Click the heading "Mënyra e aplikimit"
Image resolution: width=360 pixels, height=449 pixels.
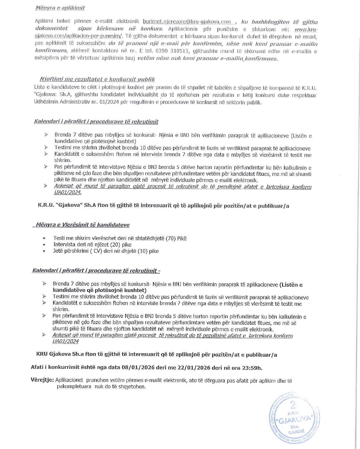point(60,8)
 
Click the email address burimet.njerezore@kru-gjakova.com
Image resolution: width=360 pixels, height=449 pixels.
point(187,21)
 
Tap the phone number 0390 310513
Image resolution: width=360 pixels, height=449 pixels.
point(174,51)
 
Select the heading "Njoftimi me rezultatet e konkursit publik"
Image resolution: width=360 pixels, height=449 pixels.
point(97,79)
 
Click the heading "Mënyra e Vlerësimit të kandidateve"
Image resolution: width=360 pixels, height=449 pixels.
point(82,225)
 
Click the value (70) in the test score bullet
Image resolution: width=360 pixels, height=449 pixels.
point(171,238)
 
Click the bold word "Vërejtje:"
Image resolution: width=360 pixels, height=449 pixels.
point(42,380)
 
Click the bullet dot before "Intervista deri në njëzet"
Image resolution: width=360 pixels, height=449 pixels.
point(44,245)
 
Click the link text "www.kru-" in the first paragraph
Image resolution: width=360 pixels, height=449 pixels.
point(306,29)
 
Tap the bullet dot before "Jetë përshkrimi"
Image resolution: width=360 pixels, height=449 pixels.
point(44,251)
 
